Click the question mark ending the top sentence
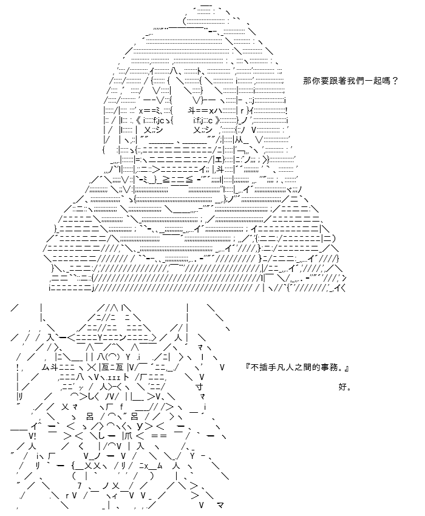pyautogui.click(x=395, y=81)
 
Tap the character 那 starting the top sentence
pyautogui.click(x=307, y=81)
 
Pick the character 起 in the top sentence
pyautogui.click(x=377, y=81)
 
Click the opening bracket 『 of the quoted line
pyautogui.click(x=248, y=367)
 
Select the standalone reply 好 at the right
pyautogui.click(x=342, y=387)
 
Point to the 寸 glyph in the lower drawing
pyautogui.click(x=199, y=387)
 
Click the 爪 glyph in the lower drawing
pyautogui.click(x=127, y=436)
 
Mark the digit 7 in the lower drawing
pyautogui.click(x=79, y=486)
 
